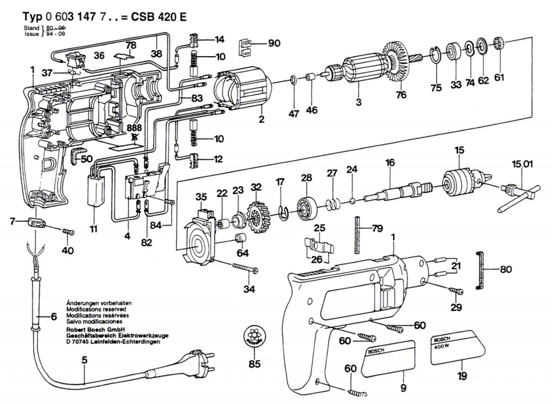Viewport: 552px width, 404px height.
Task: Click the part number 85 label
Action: click(x=254, y=364)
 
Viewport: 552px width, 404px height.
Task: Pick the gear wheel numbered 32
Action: click(x=259, y=217)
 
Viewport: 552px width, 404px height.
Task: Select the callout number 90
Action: click(x=274, y=43)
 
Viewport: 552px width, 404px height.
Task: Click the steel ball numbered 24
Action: click(x=353, y=201)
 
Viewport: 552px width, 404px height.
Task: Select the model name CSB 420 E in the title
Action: click(x=159, y=17)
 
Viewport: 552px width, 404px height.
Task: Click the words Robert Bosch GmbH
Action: click(x=96, y=329)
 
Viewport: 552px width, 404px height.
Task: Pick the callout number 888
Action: click(x=134, y=127)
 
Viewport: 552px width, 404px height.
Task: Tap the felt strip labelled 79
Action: click(x=357, y=235)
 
